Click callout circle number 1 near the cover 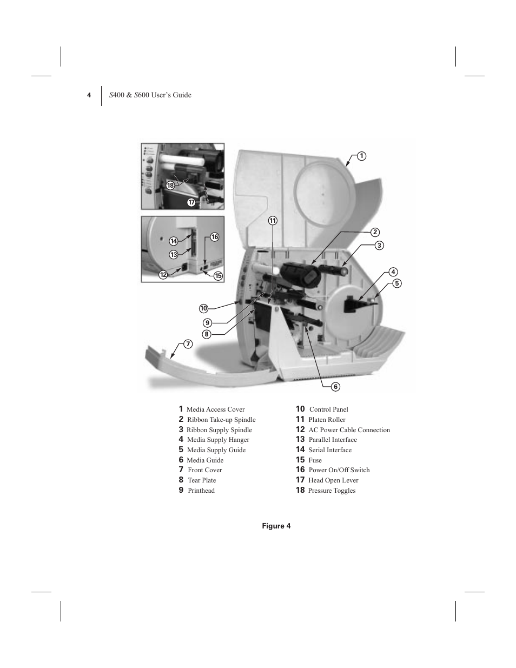point(361,156)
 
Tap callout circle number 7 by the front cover point(188,344)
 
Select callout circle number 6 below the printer point(335,386)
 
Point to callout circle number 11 point(273,221)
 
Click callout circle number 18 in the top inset point(170,186)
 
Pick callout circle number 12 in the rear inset point(163,275)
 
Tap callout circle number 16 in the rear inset point(215,237)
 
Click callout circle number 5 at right point(396,283)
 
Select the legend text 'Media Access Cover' point(215,409)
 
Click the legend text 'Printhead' point(201,491)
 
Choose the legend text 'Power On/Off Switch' point(339,470)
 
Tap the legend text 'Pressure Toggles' point(332,491)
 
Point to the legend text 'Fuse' point(315,460)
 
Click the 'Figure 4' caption point(276,526)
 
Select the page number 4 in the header point(89,95)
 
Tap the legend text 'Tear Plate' point(202,480)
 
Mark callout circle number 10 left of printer point(203,308)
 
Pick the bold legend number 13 point(300,440)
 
